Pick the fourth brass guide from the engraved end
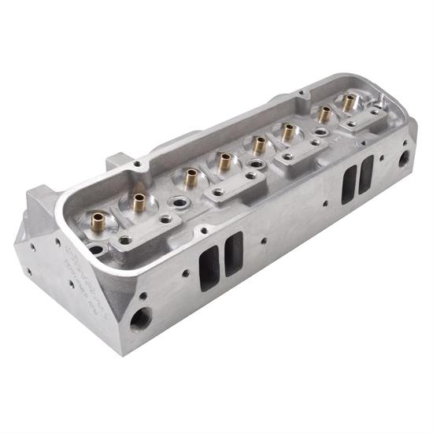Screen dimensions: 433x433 point(224,161)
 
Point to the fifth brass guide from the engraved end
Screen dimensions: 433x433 point(259,144)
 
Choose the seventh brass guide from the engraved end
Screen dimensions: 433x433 point(324,113)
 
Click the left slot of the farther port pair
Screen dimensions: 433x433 point(348,186)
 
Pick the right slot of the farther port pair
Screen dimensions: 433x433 point(366,175)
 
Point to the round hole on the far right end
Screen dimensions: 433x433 point(404,159)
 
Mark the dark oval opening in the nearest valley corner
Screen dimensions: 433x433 point(95,250)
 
